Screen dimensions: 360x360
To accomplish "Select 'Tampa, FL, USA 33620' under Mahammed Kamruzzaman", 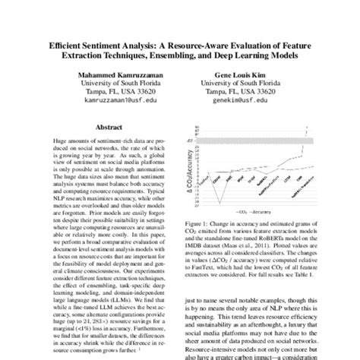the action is [109, 93].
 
